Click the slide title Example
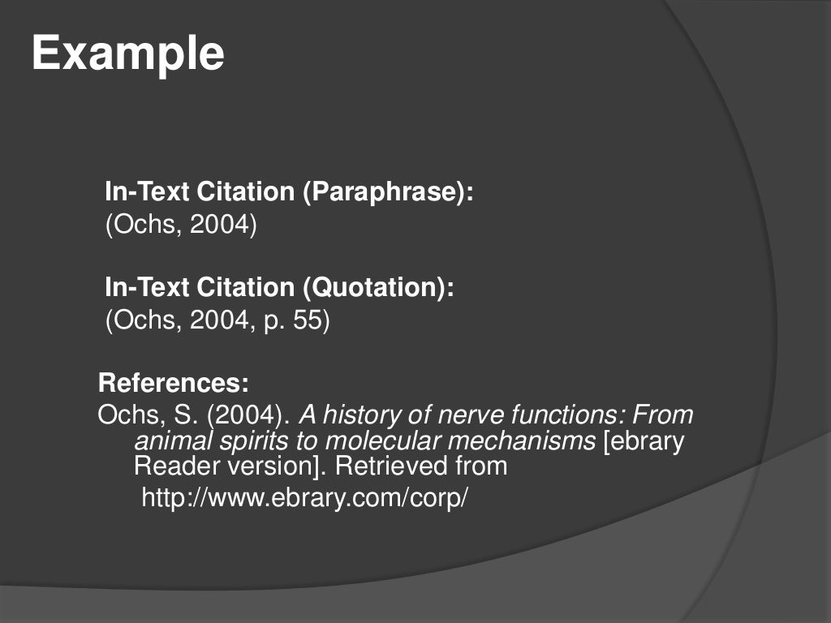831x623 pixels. (x=128, y=54)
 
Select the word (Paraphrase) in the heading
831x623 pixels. (x=388, y=193)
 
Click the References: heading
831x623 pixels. (x=173, y=382)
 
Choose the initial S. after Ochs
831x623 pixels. (x=184, y=415)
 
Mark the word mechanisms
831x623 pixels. (x=528, y=441)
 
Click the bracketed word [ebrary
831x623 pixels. (x=644, y=442)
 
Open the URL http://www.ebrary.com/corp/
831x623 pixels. (x=305, y=496)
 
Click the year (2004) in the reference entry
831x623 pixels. (x=248, y=415)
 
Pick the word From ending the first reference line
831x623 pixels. (x=663, y=415)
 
